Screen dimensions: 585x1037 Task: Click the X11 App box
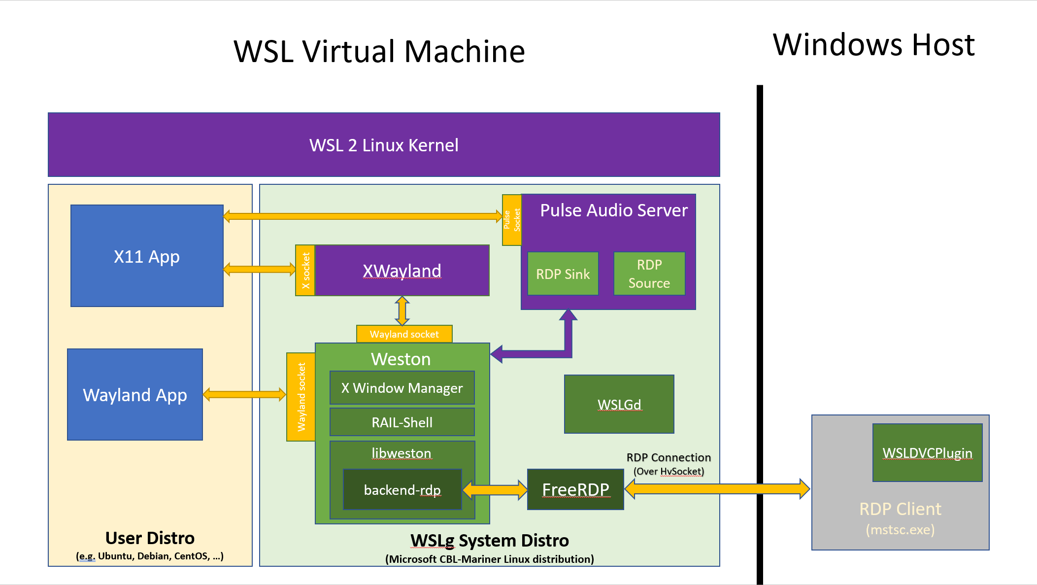pyautogui.click(x=147, y=256)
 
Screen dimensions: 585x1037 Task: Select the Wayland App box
pyautogui.click(x=135, y=394)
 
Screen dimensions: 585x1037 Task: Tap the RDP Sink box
pyautogui.click(x=563, y=274)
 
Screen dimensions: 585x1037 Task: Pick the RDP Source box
pyautogui.click(x=649, y=274)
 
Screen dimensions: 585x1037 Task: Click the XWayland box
pyautogui.click(x=401, y=271)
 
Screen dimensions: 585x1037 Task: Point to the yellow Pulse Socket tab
pyautogui.click(x=511, y=220)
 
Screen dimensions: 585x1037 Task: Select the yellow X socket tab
pyautogui.click(x=305, y=271)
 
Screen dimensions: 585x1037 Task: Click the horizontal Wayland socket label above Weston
pyautogui.click(x=404, y=334)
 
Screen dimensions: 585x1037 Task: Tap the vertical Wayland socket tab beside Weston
pyautogui.click(x=301, y=397)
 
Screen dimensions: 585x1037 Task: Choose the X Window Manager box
pyautogui.click(x=401, y=388)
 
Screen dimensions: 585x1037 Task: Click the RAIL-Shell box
pyautogui.click(x=401, y=422)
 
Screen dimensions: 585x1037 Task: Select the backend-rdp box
pyautogui.click(x=401, y=489)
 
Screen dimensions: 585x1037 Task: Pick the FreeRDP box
pyautogui.click(x=575, y=489)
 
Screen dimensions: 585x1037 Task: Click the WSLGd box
pyautogui.click(x=619, y=404)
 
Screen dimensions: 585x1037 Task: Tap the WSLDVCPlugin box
pyautogui.click(x=927, y=452)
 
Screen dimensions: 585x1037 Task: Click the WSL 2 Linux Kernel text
pyautogui.click(x=384, y=145)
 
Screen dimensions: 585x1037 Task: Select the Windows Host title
pyautogui.click(x=873, y=45)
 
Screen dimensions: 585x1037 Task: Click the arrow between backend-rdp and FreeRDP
pyautogui.click(x=495, y=489)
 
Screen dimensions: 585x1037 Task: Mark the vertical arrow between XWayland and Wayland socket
pyautogui.click(x=402, y=310)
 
